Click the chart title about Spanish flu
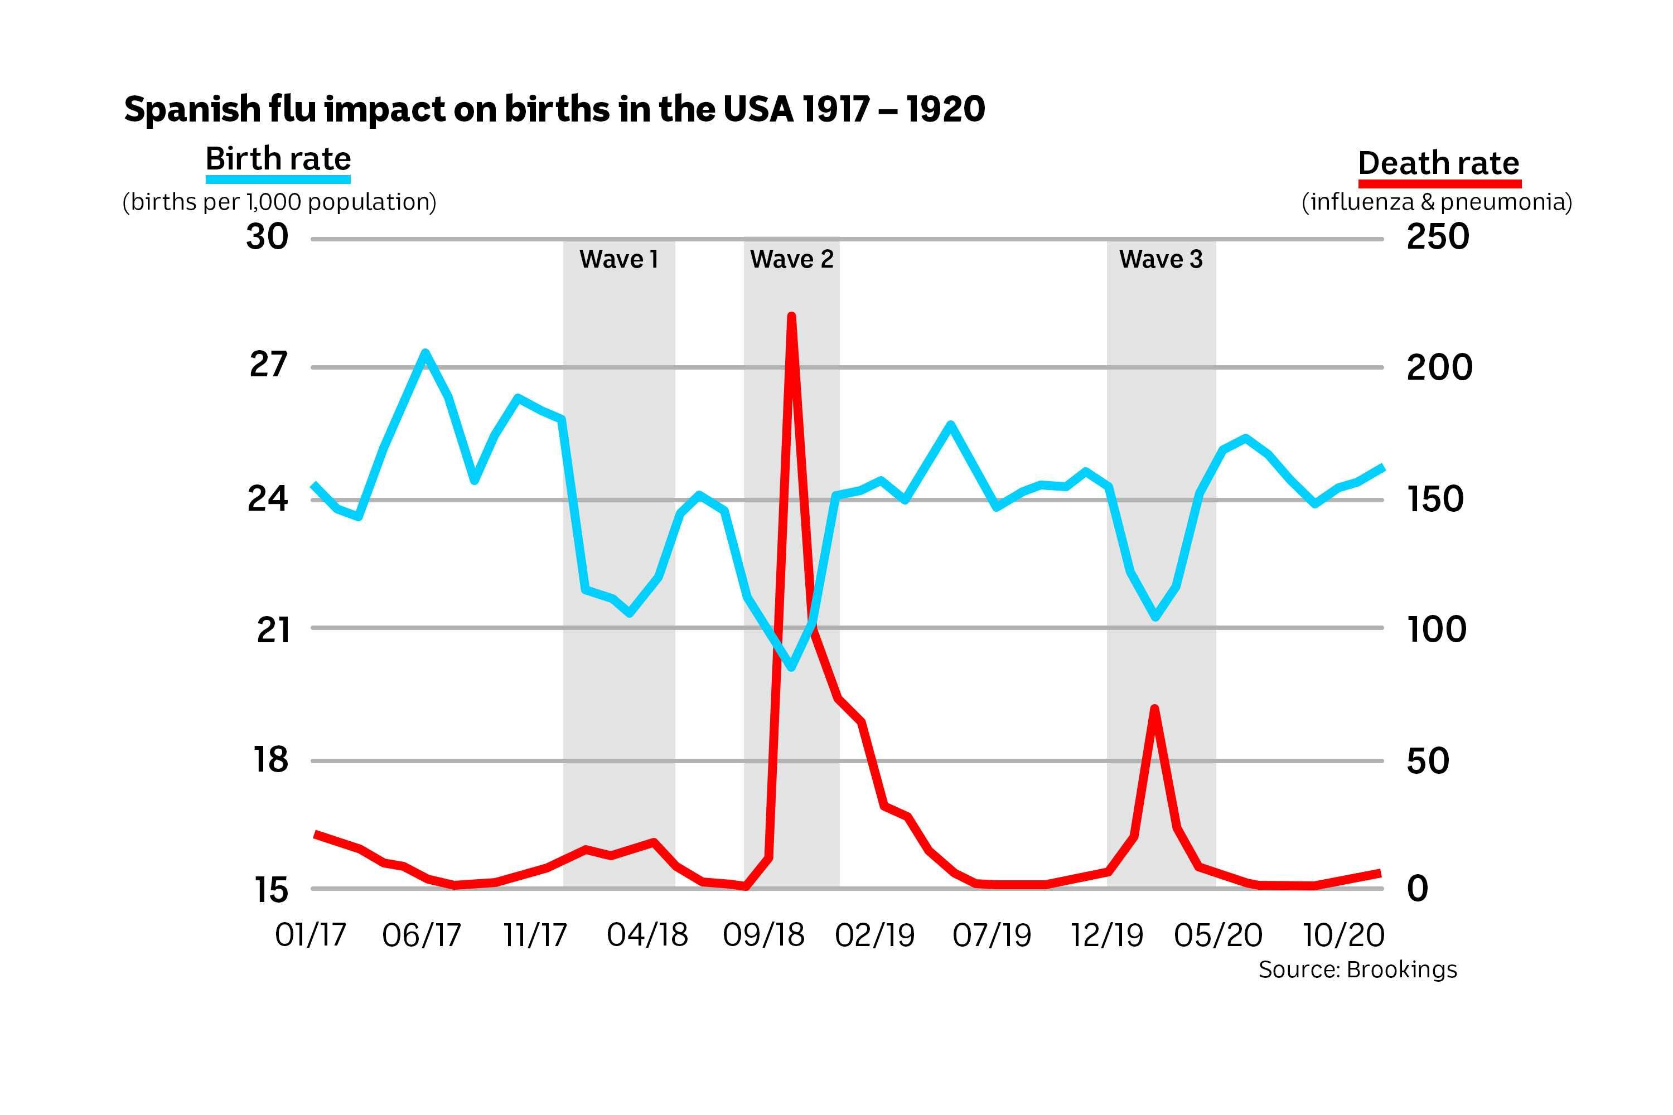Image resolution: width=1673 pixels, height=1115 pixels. [554, 109]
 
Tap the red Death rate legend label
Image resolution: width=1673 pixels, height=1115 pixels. [1438, 163]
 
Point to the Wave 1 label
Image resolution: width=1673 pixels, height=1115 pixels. [618, 260]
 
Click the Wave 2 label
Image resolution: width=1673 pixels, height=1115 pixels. [791, 260]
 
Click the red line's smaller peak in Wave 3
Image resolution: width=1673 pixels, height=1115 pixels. [1154, 709]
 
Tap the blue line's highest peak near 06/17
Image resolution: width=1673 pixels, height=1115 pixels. [424, 353]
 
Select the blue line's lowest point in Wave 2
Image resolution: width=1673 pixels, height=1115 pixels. [791, 667]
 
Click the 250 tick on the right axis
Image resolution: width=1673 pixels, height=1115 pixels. [1438, 237]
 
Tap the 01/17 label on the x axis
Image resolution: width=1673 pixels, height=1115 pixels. [310, 935]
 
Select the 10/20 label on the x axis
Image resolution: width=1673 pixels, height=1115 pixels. [1343, 935]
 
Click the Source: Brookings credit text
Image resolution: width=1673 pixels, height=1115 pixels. [1357, 970]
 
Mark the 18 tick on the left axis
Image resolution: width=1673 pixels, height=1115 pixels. [271, 760]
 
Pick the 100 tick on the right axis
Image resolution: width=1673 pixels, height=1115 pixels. [1436, 629]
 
